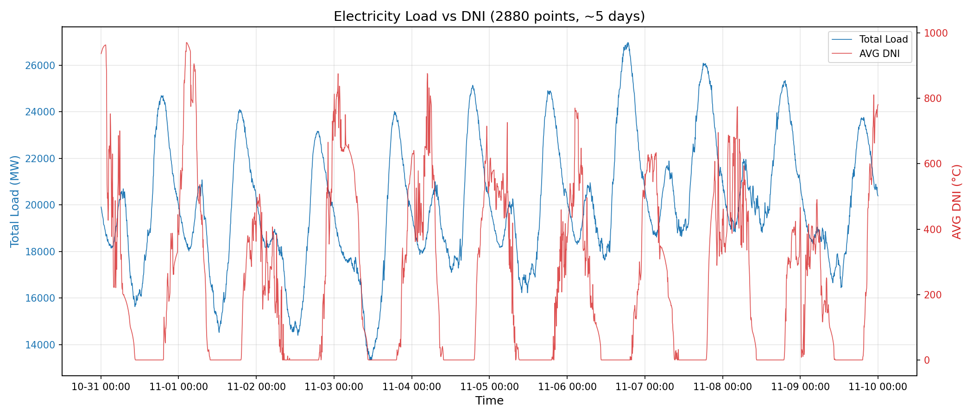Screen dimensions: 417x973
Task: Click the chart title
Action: point(489,17)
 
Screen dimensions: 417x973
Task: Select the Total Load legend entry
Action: point(883,39)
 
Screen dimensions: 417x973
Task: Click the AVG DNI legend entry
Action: point(879,54)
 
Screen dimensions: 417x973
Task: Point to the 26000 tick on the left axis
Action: point(40,65)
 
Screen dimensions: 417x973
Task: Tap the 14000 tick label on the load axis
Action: point(40,345)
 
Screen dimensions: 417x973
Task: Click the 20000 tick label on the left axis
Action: point(40,205)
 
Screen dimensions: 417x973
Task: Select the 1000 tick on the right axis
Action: point(936,33)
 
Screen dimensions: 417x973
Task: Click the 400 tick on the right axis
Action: point(933,229)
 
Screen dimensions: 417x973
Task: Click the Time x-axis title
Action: point(489,401)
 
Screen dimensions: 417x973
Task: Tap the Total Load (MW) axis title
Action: point(15,201)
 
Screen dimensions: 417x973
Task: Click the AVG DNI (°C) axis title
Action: point(957,201)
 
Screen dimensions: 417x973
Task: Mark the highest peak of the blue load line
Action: point(628,43)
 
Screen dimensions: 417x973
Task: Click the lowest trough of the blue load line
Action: point(370,359)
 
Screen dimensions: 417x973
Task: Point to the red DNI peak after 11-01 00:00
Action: point(186,43)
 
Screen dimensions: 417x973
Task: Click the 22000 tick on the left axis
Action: point(40,158)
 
